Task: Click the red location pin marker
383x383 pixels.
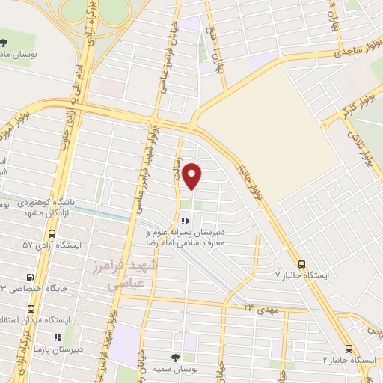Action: tap(193, 176)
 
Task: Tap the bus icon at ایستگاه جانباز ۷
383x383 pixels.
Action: tap(301, 264)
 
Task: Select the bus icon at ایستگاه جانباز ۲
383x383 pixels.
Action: tap(349, 349)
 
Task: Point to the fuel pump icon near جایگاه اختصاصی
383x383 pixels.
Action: tap(29, 275)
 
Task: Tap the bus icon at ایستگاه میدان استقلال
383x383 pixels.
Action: tap(31, 308)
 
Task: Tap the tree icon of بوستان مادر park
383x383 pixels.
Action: tap(4, 43)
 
